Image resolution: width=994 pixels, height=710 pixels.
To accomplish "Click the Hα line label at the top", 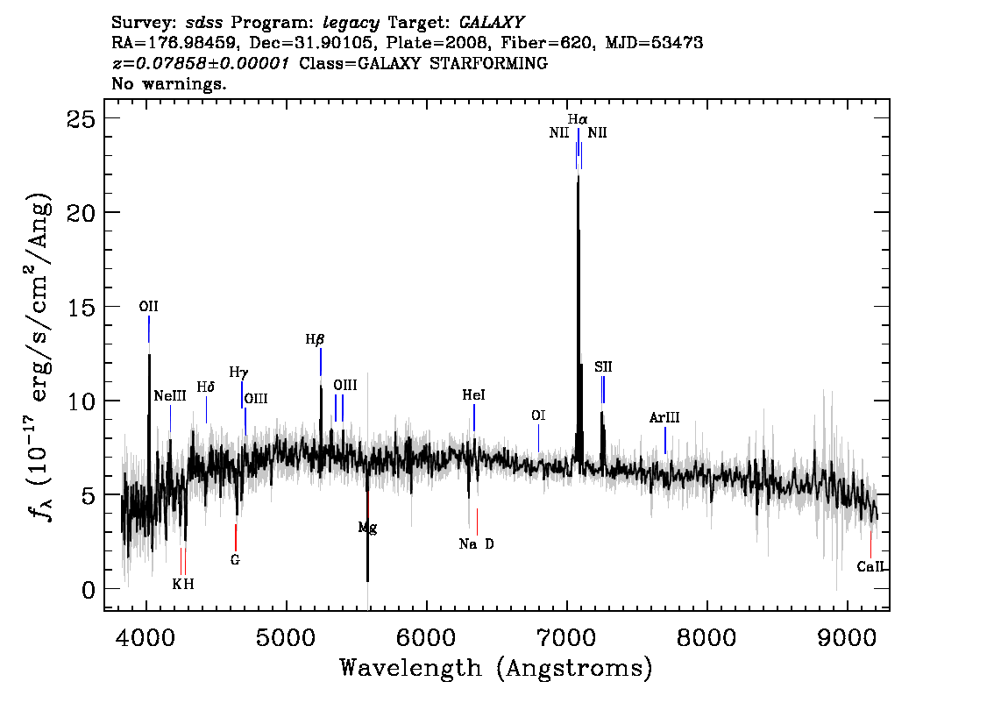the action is click(x=578, y=119).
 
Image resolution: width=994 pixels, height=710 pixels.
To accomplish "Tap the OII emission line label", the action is click(x=148, y=307).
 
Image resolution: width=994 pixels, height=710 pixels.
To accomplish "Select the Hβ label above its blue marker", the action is click(x=315, y=340).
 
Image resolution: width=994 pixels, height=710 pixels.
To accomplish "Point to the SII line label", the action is click(x=603, y=367).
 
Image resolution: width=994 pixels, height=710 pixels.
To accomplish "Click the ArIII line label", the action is click(x=664, y=418).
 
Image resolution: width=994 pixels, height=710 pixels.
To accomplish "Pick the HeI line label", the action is click(x=473, y=395).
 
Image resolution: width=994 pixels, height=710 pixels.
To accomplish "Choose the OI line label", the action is click(x=538, y=415).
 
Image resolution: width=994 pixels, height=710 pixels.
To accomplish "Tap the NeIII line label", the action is click(x=170, y=396).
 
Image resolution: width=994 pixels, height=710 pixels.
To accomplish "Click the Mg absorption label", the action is click(x=367, y=528).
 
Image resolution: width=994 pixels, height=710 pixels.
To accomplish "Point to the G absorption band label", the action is click(x=235, y=560).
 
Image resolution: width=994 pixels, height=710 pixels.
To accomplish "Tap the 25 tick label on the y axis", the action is click(x=82, y=118).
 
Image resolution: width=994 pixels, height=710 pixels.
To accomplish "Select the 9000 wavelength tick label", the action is click(x=847, y=636).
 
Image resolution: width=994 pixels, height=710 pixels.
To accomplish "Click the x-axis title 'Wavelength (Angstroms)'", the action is click(x=496, y=668).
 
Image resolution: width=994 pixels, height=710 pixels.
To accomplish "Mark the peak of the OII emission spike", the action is click(x=149, y=354).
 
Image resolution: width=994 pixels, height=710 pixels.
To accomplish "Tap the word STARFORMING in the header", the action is click(x=489, y=63).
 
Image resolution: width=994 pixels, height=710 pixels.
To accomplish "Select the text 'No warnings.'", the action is click(x=168, y=83).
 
